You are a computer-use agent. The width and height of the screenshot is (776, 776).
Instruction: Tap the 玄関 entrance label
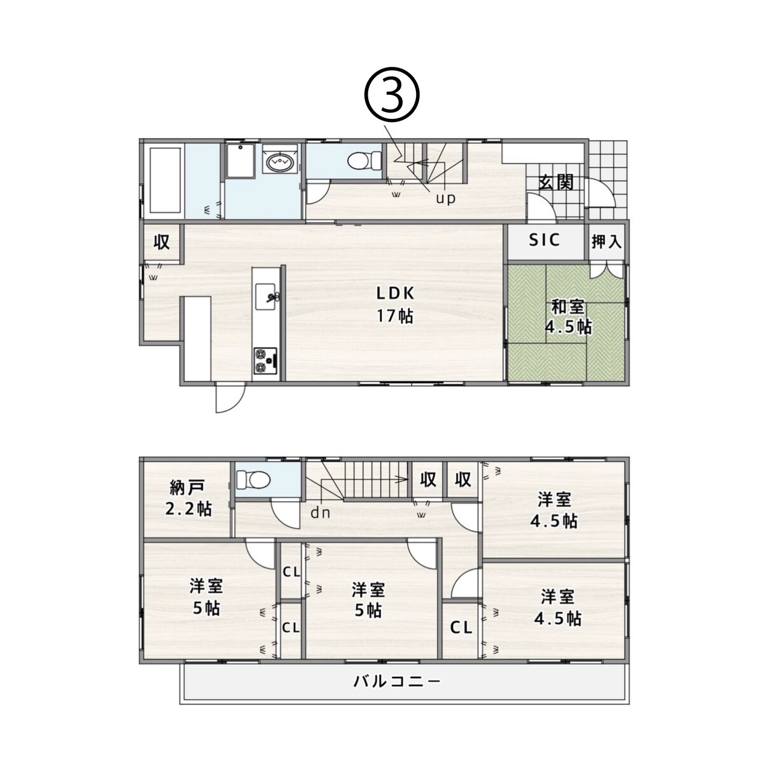pyautogui.click(x=556, y=183)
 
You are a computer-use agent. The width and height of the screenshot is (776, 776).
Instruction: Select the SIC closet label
pyautogui.click(x=544, y=240)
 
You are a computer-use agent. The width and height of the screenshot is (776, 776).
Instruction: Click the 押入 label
pyautogui.click(x=606, y=242)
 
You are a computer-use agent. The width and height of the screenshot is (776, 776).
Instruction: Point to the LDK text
pyautogui.click(x=396, y=294)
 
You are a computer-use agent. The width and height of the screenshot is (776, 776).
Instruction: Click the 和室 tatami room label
pyautogui.click(x=568, y=307)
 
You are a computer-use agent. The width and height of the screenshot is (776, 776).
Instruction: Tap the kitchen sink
pyautogui.click(x=266, y=296)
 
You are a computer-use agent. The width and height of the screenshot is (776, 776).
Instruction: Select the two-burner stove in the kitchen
pyautogui.click(x=266, y=359)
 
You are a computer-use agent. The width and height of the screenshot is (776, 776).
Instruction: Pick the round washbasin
pyautogui.click(x=280, y=162)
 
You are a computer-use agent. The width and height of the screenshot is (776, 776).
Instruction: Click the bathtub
pyautogui.click(x=165, y=181)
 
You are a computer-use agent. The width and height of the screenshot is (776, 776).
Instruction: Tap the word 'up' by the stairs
pyautogui.click(x=446, y=198)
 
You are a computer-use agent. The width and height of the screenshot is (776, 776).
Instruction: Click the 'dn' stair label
pyautogui.click(x=321, y=513)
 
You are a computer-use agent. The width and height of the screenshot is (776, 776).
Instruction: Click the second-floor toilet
pyautogui.click(x=253, y=480)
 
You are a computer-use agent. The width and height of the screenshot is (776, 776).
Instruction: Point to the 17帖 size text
pyautogui.click(x=395, y=316)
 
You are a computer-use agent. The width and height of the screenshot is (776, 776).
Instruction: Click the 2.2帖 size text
pyautogui.click(x=188, y=509)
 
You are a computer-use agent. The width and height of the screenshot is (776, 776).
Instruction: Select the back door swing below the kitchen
pyautogui.click(x=230, y=399)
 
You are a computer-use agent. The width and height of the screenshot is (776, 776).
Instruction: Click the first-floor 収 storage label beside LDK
pyautogui.click(x=162, y=242)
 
